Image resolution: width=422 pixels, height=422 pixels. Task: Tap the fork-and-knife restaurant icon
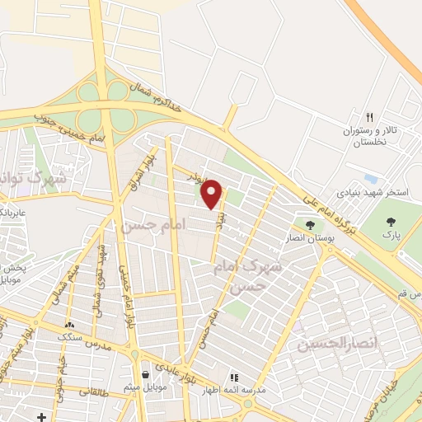(x=370, y=117)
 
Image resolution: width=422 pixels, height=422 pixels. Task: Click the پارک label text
(x=390, y=235)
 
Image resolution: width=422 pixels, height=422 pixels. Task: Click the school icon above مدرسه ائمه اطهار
(x=233, y=377)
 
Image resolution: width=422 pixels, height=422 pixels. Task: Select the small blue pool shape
(x=371, y=178)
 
